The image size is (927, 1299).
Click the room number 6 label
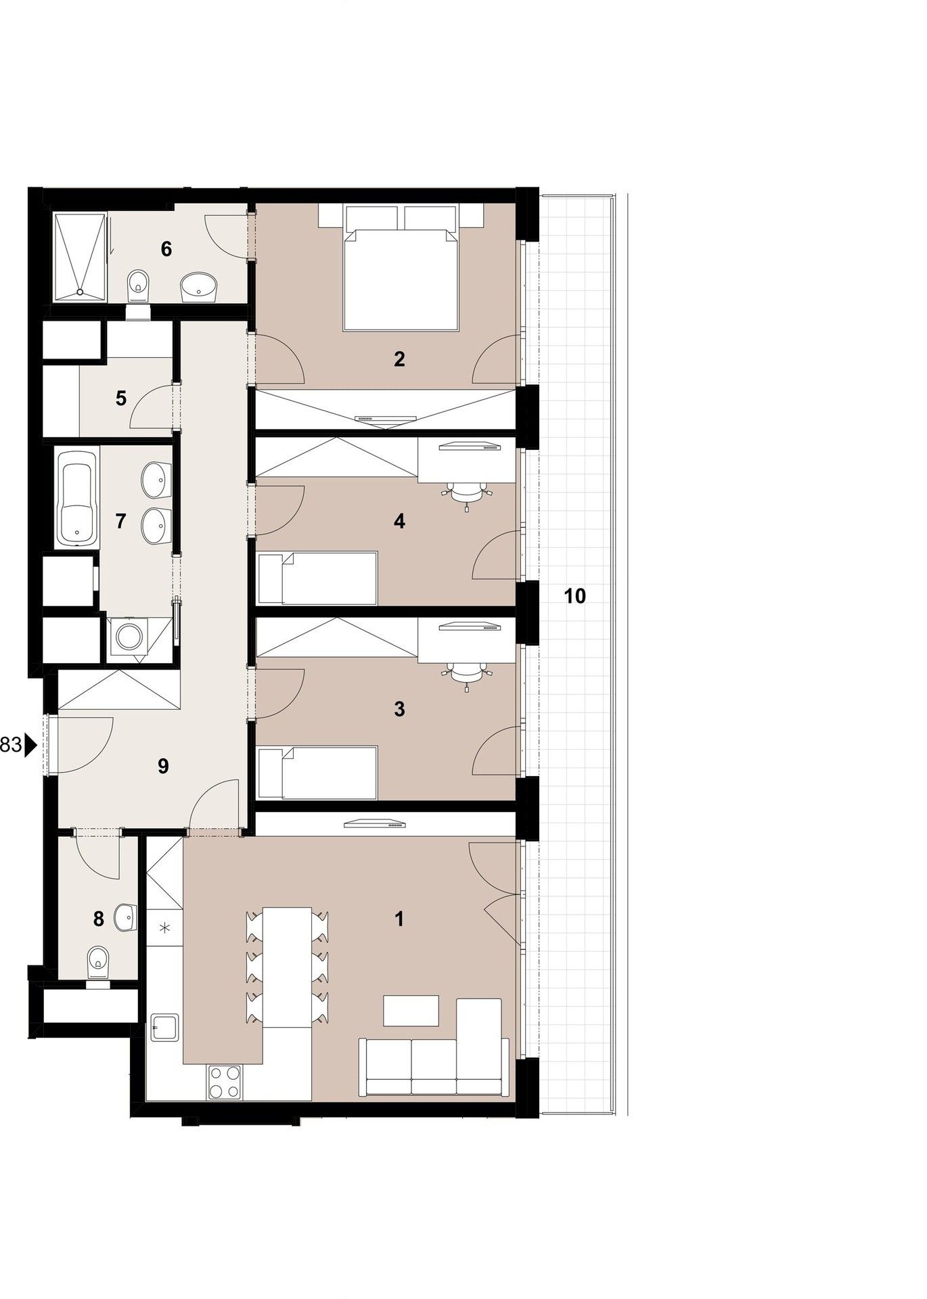pos(166,249)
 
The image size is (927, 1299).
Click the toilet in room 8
pos(99,961)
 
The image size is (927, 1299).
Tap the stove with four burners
pos(225,1082)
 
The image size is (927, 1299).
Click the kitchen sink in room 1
pos(164,1029)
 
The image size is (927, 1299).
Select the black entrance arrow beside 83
pos(30,746)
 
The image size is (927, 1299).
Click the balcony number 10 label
pos(574,596)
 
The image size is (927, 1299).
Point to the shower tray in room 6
pos(80,256)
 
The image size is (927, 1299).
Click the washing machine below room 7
pos(127,637)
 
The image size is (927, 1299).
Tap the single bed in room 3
pos(317,773)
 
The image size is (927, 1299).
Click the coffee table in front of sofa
pos(411,1011)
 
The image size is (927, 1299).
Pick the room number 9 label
pos(162,766)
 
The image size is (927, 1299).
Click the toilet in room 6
pos(139,285)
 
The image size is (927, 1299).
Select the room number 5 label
pos(120,398)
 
